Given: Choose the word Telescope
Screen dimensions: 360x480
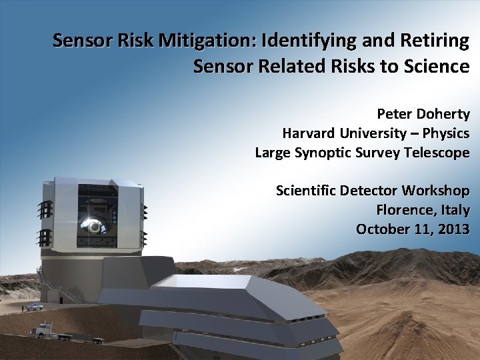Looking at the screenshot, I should tap(437, 153).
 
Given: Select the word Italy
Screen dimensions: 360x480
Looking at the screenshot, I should tap(453, 211).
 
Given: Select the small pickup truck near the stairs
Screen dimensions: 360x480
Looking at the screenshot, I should tap(33, 307).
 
